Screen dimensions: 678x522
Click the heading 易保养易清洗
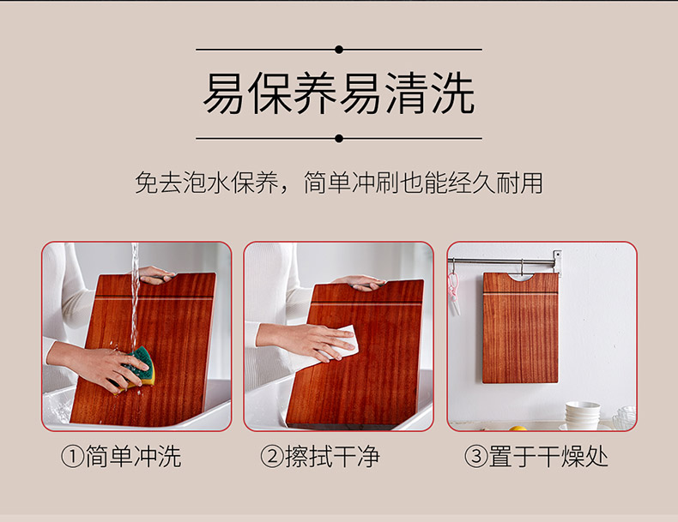coord(339,93)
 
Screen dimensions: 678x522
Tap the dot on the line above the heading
coord(339,50)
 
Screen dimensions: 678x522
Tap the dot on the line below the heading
coord(339,139)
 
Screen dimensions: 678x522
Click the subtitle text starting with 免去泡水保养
coord(339,183)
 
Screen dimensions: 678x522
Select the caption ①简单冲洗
coord(121,456)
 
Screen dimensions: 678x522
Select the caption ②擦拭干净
coord(320,456)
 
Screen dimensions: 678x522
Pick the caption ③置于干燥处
coord(536,456)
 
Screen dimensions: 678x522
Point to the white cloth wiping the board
coord(342,343)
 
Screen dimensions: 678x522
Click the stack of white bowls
coord(583,415)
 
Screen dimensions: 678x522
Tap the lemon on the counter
coord(518,429)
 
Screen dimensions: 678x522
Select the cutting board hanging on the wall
coord(520,327)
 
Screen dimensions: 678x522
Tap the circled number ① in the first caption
coord(72,457)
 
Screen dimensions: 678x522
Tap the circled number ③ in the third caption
coord(475,457)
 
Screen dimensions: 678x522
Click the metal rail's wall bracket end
coord(557,261)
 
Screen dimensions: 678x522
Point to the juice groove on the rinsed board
coord(154,297)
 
